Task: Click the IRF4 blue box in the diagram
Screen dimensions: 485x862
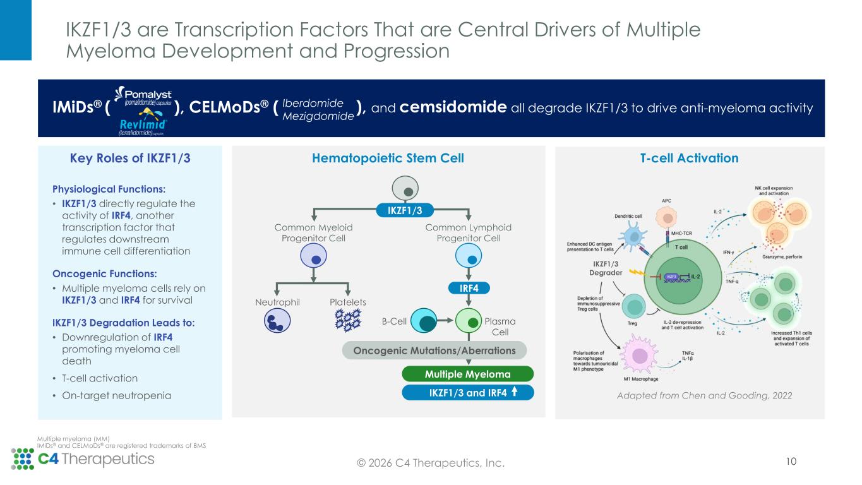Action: click(468, 288)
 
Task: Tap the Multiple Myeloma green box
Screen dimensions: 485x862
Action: click(467, 374)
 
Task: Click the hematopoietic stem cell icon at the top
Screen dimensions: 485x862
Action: click(405, 188)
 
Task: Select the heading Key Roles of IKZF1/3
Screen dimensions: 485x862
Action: click(130, 158)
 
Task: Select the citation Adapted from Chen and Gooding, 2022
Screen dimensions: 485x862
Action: click(703, 395)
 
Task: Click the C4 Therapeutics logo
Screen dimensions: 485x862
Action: click(83, 459)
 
